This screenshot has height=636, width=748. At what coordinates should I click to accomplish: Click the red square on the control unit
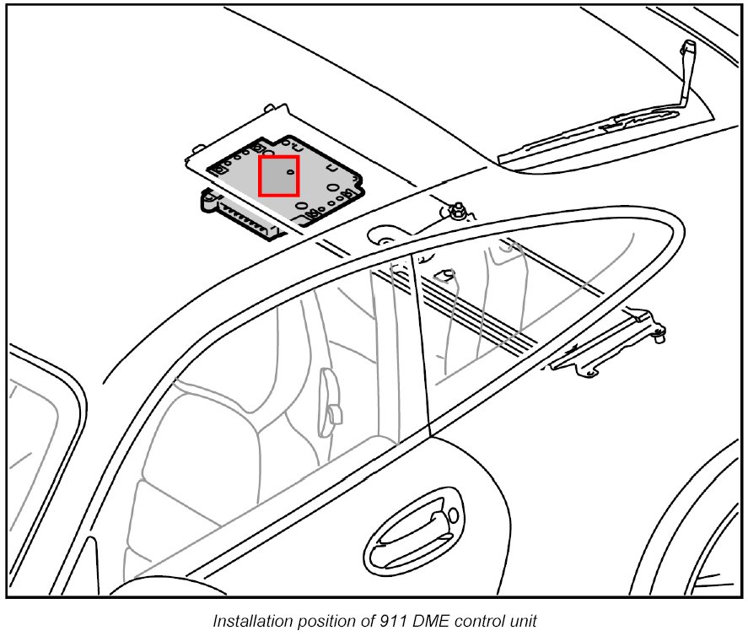click(x=278, y=175)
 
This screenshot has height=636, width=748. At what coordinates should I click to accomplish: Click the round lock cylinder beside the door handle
click(x=453, y=515)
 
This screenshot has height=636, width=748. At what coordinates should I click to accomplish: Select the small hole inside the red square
click(x=290, y=171)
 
